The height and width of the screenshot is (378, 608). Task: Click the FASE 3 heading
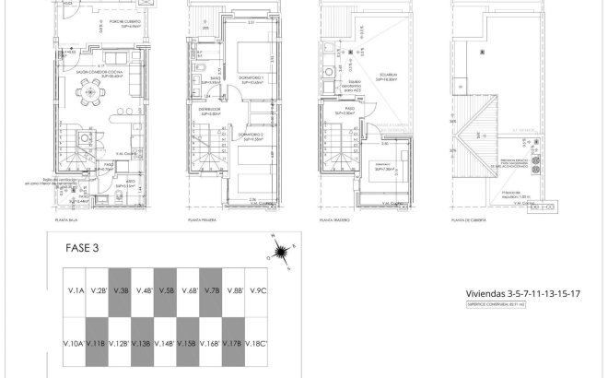tap(82, 248)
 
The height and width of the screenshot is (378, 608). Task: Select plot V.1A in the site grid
tap(75, 291)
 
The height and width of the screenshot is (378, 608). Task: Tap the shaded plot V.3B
tap(120, 291)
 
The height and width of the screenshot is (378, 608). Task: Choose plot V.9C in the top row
tap(257, 291)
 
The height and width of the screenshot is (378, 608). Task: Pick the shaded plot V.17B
tap(234, 344)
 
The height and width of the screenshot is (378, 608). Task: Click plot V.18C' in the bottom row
tap(257, 344)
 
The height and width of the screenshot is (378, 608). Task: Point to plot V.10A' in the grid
tap(75, 344)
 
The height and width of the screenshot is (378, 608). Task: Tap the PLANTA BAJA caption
tap(59, 220)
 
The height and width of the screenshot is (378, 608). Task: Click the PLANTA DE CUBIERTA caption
tap(466, 220)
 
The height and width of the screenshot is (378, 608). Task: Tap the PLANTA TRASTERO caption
tap(334, 220)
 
